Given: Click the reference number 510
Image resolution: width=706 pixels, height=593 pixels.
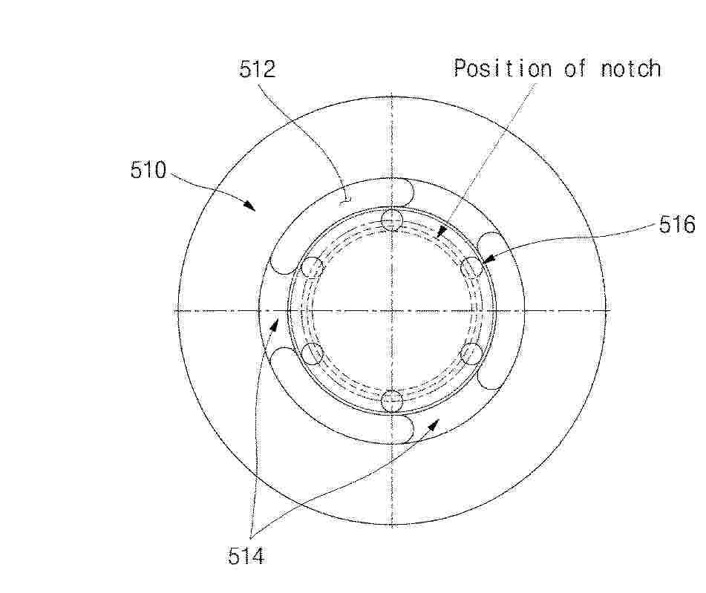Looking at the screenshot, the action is click(x=148, y=170).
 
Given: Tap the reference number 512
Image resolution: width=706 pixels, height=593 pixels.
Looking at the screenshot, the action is click(x=257, y=69).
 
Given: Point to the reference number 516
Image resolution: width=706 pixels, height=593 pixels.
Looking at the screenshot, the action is click(x=677, y=224).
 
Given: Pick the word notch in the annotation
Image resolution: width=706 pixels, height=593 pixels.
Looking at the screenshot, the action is click(x=631, y=69).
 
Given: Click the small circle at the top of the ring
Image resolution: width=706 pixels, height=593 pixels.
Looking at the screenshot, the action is click(x=391, y=220).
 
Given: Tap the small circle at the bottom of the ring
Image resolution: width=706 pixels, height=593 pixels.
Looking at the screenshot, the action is click(x=392, y=401).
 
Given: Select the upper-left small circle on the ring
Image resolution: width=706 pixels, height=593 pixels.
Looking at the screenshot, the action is click(x=312, y=267).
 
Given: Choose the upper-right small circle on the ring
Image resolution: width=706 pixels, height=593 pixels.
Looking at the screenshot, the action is click(x=471, y=267).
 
